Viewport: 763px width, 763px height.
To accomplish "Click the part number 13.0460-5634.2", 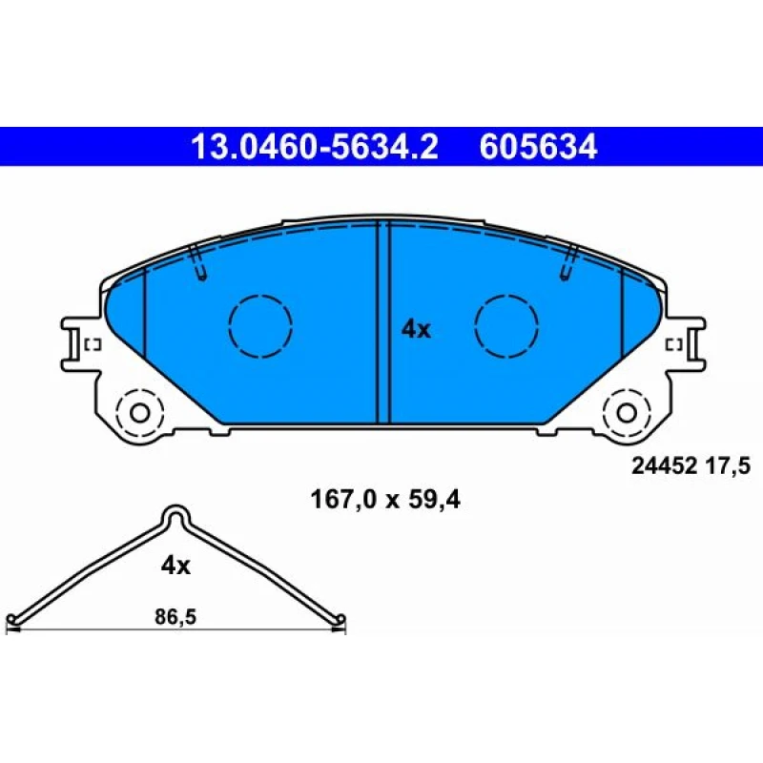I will click(315, 148).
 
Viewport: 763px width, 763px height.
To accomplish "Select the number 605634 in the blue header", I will click(539, 148).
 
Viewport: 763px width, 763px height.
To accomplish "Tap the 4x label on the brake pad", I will click(416, 330).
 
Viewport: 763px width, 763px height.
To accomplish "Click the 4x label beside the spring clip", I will click(175, 566).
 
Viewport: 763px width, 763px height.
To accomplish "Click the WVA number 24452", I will click(664, 466).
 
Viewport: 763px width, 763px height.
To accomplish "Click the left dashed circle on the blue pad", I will click(260, 325).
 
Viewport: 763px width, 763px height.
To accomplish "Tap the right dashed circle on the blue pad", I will click(507, 325).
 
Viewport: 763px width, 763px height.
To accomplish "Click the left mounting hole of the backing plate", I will click(139, 413).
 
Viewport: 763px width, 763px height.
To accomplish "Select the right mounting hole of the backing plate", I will click(627, 413).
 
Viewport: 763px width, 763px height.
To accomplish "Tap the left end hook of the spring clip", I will click(13, 622).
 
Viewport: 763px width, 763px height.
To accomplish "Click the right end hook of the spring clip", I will click(340, 622).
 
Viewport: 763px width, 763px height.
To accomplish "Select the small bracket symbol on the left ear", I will click(93, 344).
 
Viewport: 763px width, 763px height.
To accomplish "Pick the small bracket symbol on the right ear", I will click(672, 344).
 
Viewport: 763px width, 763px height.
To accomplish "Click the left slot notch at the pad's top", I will click(197, 263).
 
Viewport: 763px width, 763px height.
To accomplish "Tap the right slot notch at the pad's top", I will click(570, 263).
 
